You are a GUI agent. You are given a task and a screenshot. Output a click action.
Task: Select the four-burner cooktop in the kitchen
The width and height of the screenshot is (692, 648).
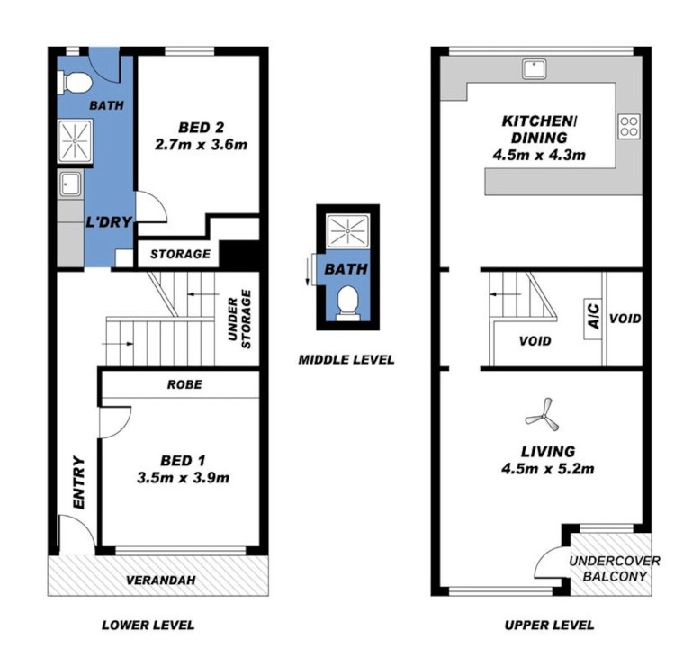(x=628, y=126)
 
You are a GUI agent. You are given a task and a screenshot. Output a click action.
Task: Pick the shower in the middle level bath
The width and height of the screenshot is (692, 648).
(x=346, y=233)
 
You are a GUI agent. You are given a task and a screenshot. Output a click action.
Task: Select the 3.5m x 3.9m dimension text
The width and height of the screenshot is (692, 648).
(x=183, y=478)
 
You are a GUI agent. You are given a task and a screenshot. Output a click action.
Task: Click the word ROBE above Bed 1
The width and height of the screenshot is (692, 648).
(x=184, y=384)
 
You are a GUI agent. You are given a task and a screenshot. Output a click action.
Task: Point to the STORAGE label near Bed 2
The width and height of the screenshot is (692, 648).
(x=180, y=255)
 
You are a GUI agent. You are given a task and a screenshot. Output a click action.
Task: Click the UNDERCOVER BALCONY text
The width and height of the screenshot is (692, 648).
(x=615, y=568)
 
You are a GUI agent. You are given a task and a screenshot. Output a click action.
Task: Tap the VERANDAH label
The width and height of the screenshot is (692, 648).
(x=161, y=580)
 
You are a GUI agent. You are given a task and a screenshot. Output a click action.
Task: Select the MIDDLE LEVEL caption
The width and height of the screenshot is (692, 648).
(x=346, y=360)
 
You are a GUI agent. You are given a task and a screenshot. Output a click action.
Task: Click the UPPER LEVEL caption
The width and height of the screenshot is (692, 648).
(x=549, y=625)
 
